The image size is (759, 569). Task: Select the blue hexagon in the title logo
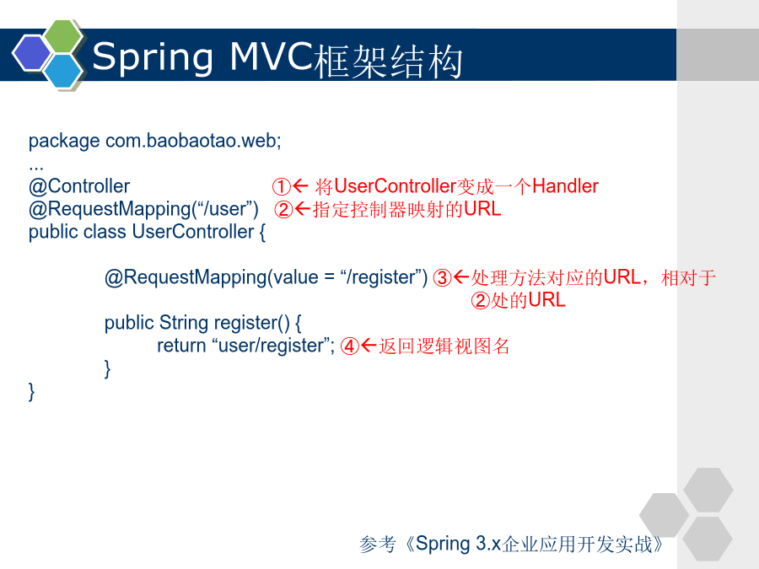coord(63,71)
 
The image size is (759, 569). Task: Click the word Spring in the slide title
coord(153,58)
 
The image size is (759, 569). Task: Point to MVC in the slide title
coord(272,56)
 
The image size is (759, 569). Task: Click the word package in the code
coord(64,142)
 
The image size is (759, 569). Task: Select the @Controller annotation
coord(79,186)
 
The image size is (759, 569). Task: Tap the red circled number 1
coord(281,186)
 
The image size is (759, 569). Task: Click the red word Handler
coord(565,185)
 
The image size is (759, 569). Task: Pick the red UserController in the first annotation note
coord(395,185)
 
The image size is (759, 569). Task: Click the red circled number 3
coord(442,277)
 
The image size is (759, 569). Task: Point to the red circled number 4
coord(349,346)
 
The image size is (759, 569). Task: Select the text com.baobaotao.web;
coord(193,141)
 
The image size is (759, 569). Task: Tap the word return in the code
coord(181,346)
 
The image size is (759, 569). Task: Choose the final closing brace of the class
coord(31,391)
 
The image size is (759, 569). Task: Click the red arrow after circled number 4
coord(369,346)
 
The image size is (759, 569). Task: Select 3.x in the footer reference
coord(488,544)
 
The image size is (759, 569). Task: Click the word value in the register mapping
coord(296,277)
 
